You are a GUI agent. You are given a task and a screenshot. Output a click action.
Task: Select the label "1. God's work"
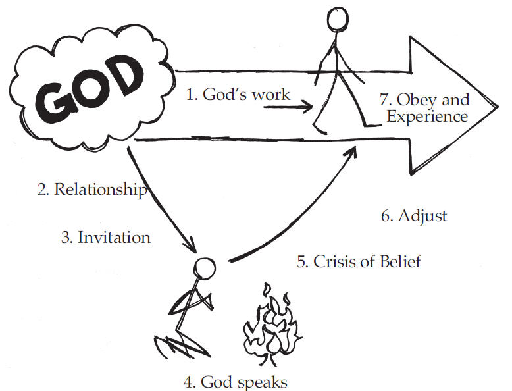coord(238,94)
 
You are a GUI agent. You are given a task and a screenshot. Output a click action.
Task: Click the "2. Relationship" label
coord(91,190)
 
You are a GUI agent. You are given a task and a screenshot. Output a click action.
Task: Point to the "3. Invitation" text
coord(106,237)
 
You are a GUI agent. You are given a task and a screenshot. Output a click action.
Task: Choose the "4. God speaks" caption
coord(236,381)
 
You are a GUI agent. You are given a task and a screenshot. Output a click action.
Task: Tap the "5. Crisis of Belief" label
coord(359,261)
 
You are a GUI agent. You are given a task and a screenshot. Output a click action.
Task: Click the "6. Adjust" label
coord(414,215)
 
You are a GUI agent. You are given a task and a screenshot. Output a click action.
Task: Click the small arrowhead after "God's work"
coord(309,105)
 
